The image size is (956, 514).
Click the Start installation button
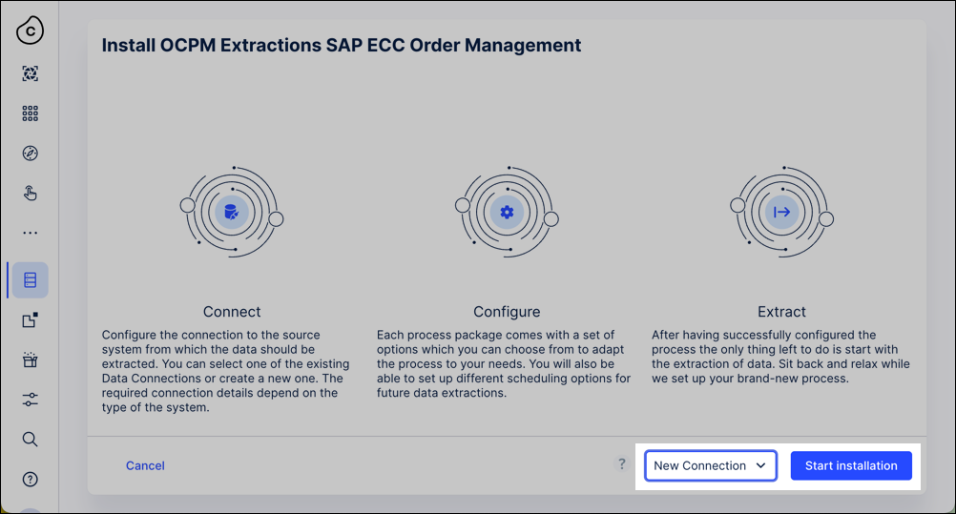851,465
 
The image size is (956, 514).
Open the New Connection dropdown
711,465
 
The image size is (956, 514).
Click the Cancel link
145,465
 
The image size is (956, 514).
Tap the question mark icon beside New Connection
621,464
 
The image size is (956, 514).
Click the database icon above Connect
231,213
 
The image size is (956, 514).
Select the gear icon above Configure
507,213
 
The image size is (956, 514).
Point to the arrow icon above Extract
781,213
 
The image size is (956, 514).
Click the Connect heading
232,312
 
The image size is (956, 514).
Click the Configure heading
507,312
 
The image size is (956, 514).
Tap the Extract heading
781,312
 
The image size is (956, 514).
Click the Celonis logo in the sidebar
30,31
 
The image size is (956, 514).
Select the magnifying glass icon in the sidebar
30,439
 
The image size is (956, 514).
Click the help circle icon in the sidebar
30,480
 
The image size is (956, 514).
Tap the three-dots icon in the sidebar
30,233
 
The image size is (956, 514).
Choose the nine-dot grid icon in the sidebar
30,113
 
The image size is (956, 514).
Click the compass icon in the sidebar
30,153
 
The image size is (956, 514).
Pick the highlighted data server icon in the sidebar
30,279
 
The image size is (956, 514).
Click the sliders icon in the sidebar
30,400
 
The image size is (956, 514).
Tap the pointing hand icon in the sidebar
30,194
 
